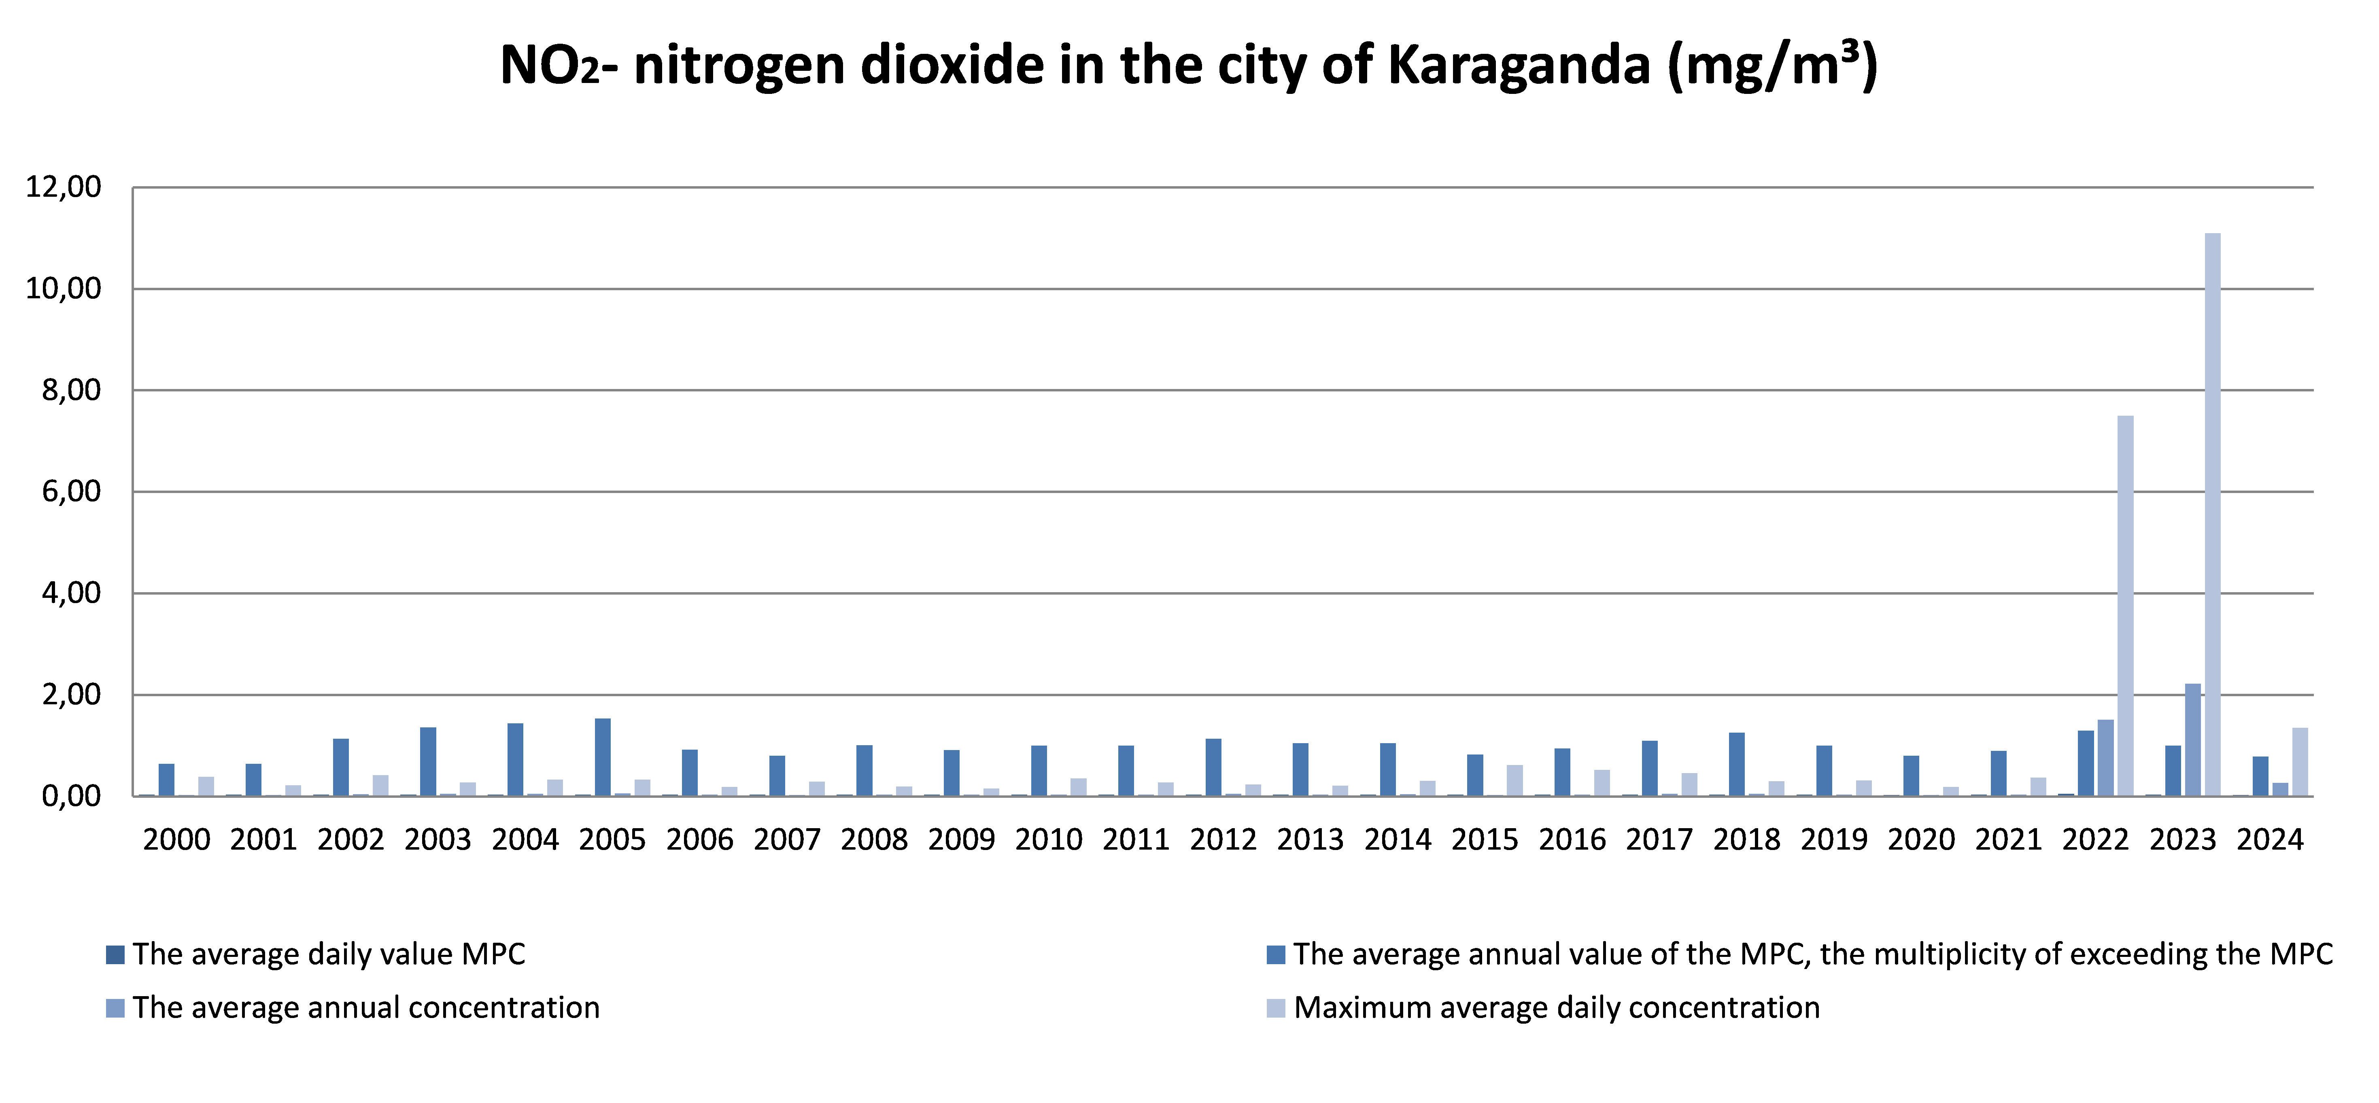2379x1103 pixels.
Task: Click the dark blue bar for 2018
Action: [x=1736, y=764]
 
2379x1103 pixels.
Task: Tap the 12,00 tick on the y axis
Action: [x=63, y=187]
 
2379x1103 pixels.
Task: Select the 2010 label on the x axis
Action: [x=1048, y=840]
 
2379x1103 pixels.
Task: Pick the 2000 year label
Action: [x=176, y=840]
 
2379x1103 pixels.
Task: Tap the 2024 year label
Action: [x=2269, y=840]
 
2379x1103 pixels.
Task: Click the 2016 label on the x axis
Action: [x=1572, y=840]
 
